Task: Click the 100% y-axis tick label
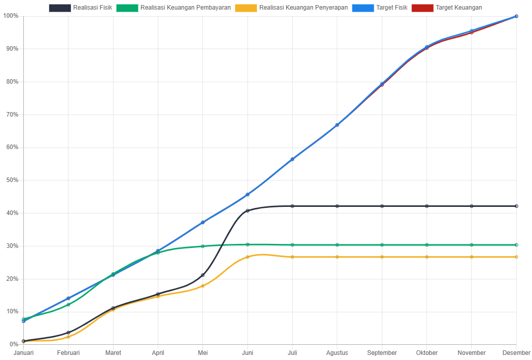(x=11, y=16)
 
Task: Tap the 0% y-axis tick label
(x=14, y=344)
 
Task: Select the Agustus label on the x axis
(x=337, y=353)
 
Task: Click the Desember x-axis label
(x=516, y=353)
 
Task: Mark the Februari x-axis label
(x=68, y=353)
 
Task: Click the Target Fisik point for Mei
(x=203, y=223)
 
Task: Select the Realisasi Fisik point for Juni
(x=247, y=210)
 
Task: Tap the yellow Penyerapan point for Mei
(x=203, y=286)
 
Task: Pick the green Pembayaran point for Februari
(x=68, y=305)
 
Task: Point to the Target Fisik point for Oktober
(x=427, y=47)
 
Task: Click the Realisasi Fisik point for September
(x=382, y=206)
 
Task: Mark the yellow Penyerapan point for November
(x=472, y=257)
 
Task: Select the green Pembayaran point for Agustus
(x=337, y=245)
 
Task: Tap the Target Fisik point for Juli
(x=292, y=159)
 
